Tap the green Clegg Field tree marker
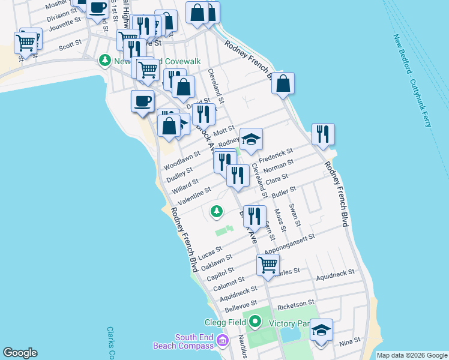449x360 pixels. pyautogui.click(x=255, y=322)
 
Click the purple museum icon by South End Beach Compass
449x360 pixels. pyautogui.click(x=223, y=341)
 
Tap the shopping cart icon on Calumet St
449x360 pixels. pyautogui.click(x=268, y=264)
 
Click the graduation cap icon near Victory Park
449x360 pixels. pyautogui.click(x=321, y=330)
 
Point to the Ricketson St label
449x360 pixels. pyautogui.click(x=295, y=302)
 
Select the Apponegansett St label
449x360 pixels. pyautogui.click(x=291, y=242)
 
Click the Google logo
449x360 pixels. pyautogui.click(x=20, y=353)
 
